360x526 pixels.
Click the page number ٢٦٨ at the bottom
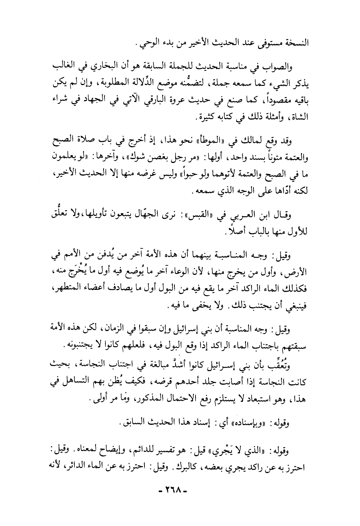177,501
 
